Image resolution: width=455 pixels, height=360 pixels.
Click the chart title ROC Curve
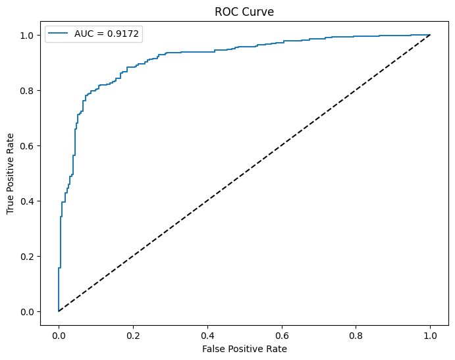[x=244, y=11]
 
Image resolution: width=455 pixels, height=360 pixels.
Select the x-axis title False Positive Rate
[x=244, y=348]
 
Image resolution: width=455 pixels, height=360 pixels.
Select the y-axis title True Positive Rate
[x=11, y=172]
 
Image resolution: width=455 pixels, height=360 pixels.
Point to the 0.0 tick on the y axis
[x=28, y=311]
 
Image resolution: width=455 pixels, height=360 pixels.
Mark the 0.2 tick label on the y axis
[x=28, y=256]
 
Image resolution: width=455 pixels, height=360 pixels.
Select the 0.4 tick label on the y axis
[x=28, y=201]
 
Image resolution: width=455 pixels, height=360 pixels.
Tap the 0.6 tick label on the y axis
[x=28, y=145]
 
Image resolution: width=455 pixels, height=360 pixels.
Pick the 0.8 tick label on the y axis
[x=28, y=90]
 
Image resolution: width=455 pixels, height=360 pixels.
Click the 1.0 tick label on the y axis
[x=28, y=35]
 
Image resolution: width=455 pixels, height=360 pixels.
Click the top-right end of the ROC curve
[x=430, y=35]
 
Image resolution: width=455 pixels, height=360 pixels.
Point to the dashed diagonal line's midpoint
[x=244, y=173]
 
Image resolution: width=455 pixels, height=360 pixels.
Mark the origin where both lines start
[x=59, y=311]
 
